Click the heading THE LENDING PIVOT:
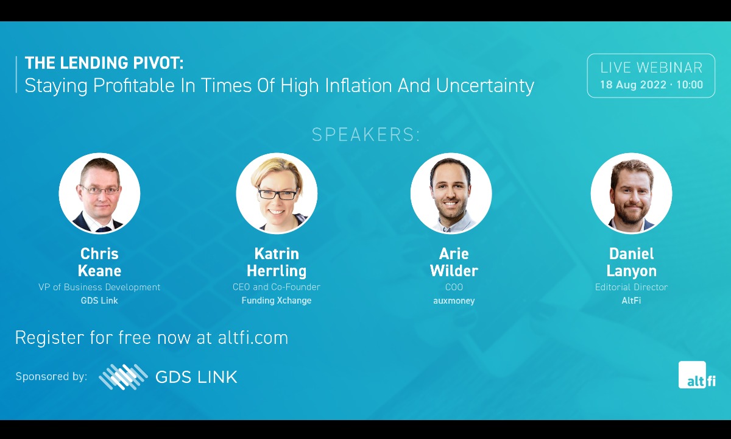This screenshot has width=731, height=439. tap(104, 63)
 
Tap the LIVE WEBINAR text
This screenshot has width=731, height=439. tap(651, 68)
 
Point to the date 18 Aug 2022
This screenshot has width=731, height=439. tap(633, 85)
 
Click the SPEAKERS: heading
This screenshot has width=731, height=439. tap(365, 135)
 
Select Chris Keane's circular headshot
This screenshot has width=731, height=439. tap(99, 193)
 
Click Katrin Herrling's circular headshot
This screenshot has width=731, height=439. tap(277, 193)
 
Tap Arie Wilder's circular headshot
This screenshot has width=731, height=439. tap(451, 193)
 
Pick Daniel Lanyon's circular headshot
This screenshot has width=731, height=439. tap(631, 193)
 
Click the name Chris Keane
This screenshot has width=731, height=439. tap(99, 262)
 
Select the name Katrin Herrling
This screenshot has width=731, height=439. tap(277, 262)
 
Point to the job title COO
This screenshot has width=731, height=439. tap(454, 287)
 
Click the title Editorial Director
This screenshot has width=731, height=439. tap(631, 287)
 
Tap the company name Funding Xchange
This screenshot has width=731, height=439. tap(277, 301)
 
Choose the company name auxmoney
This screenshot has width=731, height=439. tap(454, 301)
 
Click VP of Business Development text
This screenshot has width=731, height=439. tap(99, 287)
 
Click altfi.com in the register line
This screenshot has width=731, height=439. tap(253, 337)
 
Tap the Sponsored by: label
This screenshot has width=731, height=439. tap(52, 377)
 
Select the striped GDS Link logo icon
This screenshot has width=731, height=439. tap(123, 377)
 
